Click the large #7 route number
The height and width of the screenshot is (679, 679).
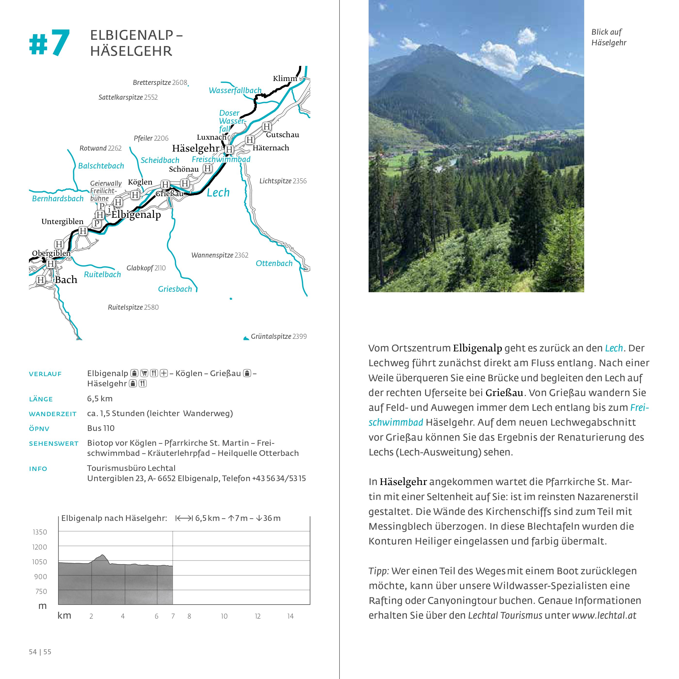[49, 43]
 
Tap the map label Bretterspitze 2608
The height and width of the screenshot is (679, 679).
[160, 83]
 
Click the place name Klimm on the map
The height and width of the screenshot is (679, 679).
[285, 78]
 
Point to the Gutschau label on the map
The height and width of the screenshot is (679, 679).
[283, 135]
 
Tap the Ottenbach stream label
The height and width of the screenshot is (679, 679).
[274, 263]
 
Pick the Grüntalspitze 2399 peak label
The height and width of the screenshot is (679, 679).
[278, 336]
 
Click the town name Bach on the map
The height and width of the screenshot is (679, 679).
[66, 280]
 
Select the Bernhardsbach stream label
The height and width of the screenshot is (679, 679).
[58, 199]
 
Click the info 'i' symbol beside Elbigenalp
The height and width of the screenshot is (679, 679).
[109, 210]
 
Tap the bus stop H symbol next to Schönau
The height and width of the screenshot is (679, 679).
[208, 169]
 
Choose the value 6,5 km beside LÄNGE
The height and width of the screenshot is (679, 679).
[100, 398]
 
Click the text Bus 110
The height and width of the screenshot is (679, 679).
[101, 428]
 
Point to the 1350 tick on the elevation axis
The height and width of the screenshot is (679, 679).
[40, 532]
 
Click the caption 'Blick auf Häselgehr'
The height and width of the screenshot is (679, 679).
[609, 37]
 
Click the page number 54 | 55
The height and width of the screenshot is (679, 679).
[40, 652]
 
